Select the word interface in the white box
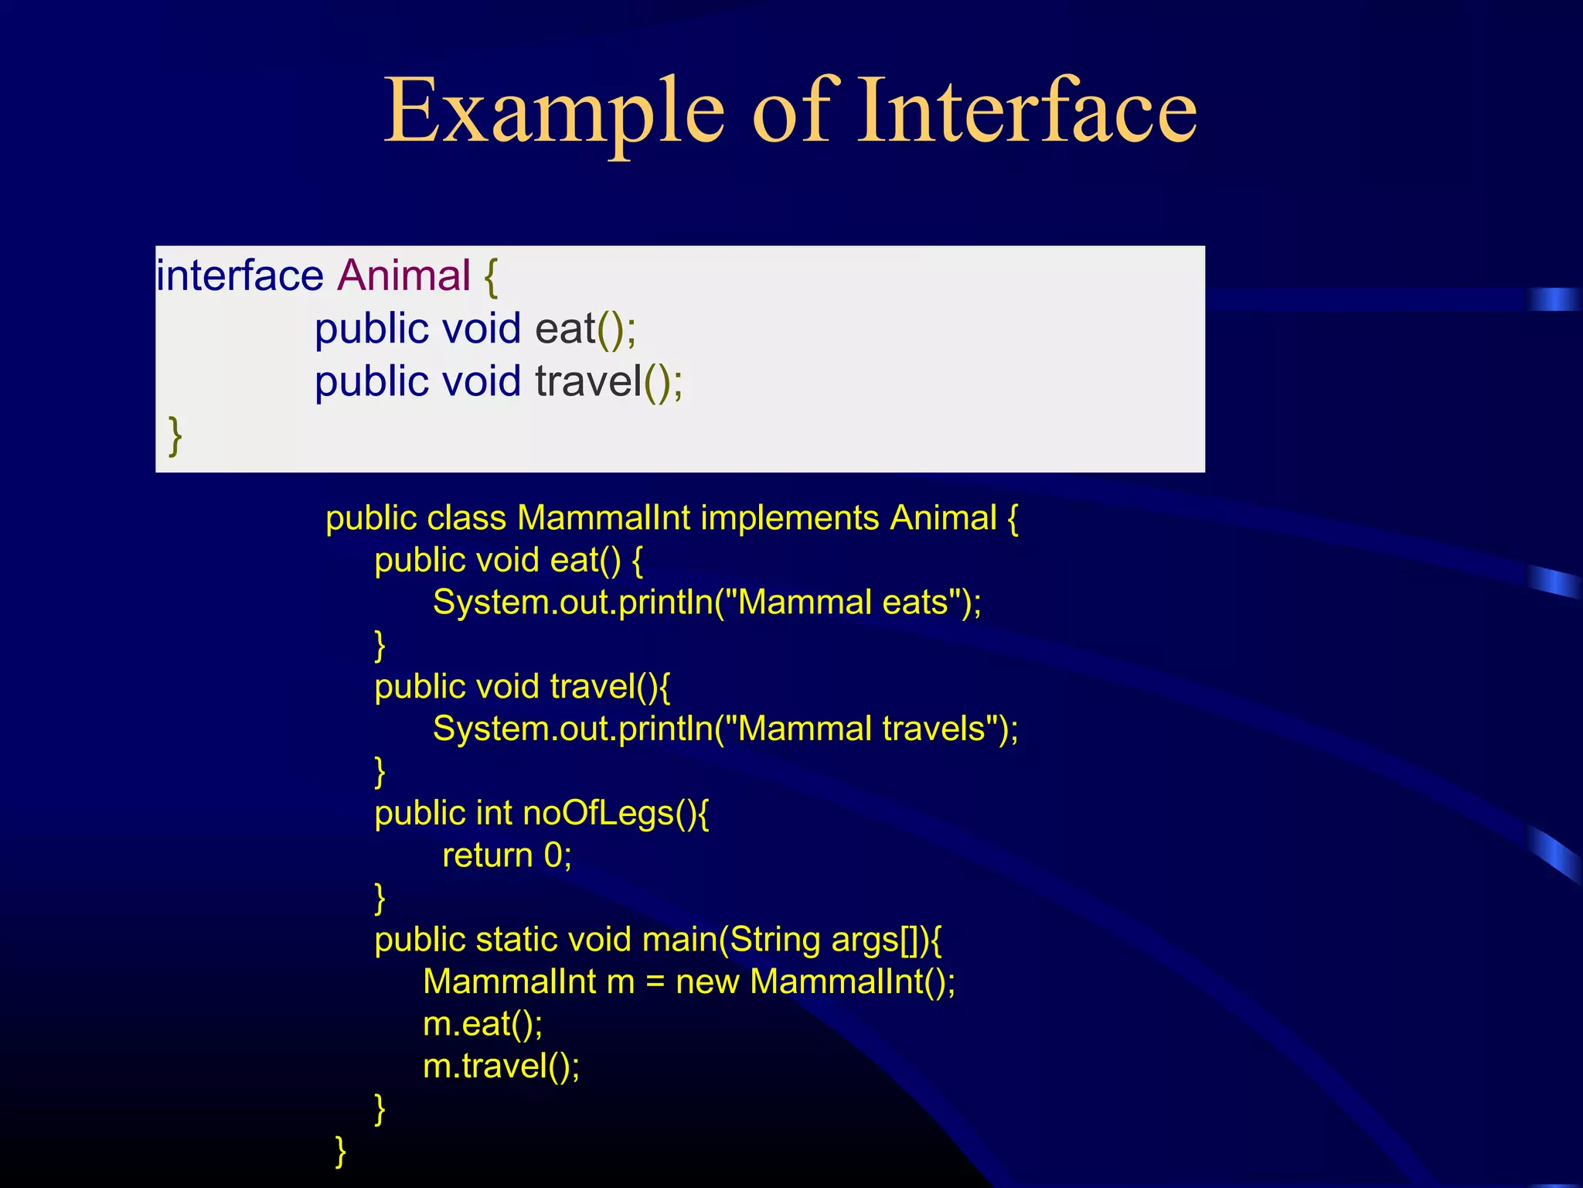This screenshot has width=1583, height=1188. [240, 276]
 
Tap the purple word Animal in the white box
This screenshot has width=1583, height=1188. [403, 276]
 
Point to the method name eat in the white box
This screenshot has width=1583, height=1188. [565, 329]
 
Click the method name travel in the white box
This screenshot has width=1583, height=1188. [588, 381]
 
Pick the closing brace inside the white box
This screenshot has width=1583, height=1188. [175, 436]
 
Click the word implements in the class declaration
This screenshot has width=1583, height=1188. [789, 518]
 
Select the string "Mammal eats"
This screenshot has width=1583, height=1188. [843, 603]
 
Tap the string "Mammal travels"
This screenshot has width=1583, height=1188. [862, 729]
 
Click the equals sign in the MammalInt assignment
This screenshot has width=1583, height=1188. [655, 982]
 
